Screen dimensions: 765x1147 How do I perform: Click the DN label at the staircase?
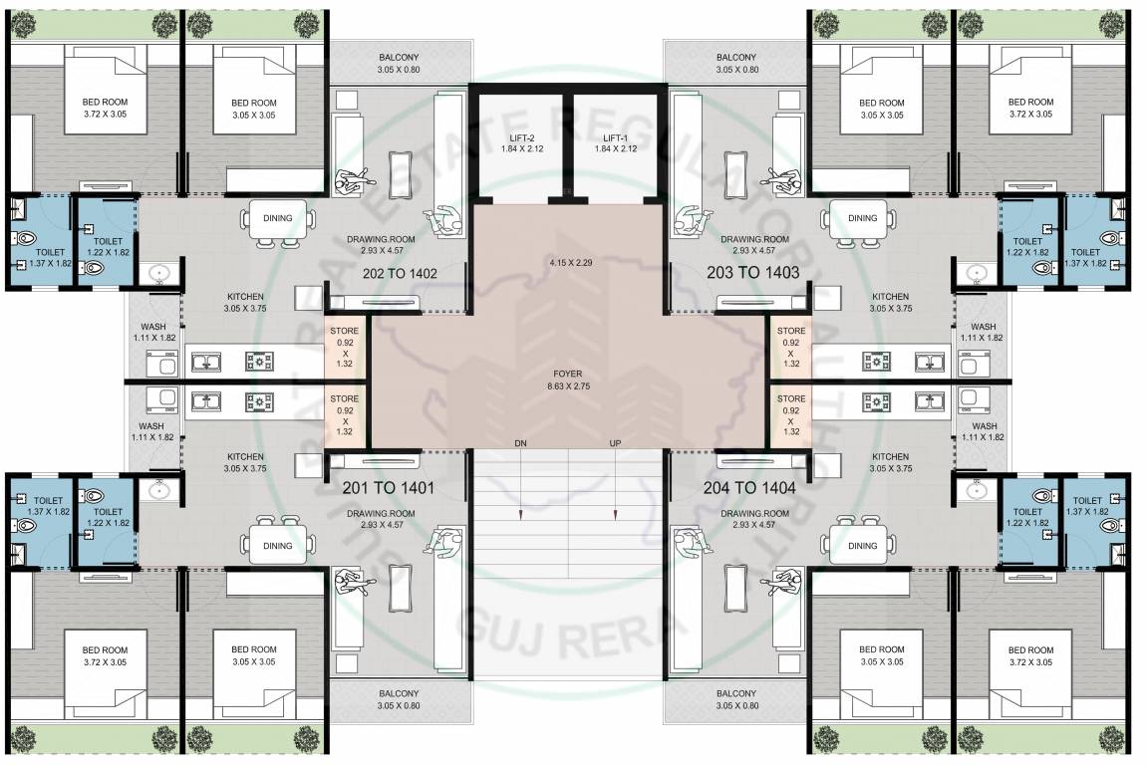click(x=520, y=442)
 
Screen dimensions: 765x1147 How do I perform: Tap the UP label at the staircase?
click(x=616, y=442)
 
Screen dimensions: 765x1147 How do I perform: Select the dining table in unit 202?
click(x=278, y=218)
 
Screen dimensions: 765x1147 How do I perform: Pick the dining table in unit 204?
click(x=863, y=545)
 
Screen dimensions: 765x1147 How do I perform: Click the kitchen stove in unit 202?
click(x=261, y=363)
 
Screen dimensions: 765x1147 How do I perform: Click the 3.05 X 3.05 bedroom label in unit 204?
click(x=881, y=655)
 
